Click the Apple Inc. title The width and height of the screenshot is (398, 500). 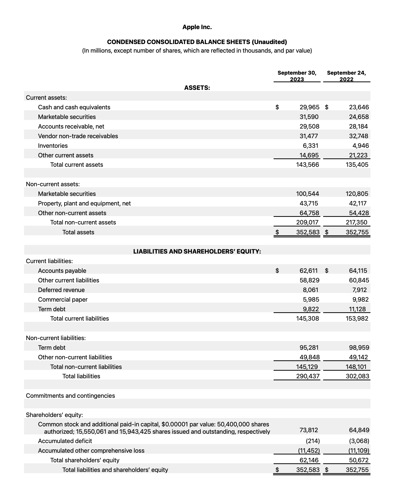(197, 27)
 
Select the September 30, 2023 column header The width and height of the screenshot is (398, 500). (297, 76)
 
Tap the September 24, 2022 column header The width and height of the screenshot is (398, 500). (346, 76)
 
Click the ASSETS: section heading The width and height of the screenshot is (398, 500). (197, 88)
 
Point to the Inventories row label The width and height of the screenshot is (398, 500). (53, 146)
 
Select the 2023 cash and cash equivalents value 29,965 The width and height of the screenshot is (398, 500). (309, 107)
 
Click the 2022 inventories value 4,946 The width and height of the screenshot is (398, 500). (360, 146)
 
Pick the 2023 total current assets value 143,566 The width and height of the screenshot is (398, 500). (307, 165)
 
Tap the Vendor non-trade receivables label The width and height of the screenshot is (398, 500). (78, 136)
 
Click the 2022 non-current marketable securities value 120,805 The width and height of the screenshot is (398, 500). (357, 194)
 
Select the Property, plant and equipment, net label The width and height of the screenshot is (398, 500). (84, 203)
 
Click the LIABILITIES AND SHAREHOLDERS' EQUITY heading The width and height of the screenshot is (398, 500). (197, 252)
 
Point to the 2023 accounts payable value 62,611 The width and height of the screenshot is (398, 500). (308, 271)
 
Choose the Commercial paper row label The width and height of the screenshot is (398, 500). (63, 300)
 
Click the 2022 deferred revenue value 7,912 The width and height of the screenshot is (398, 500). (359, 290)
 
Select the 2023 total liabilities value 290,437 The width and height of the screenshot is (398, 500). (308, 376)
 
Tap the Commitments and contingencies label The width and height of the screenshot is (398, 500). (70, 396)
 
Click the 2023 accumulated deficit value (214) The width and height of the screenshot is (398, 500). (313, 441)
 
